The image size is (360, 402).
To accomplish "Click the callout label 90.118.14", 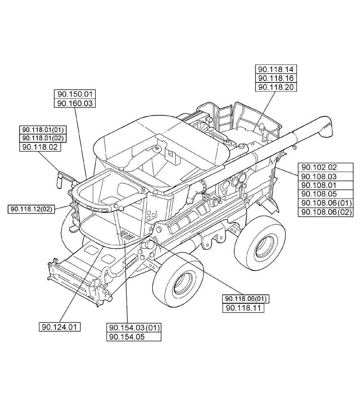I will pyautogui.click(x=275, y=69).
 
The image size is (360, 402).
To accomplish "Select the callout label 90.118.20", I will pyautogui.click(x=275, y=87).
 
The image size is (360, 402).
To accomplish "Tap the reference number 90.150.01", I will pyautogui.click(x=75, y=94).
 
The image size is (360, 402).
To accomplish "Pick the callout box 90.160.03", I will pyautogui.click(x=75, y=104).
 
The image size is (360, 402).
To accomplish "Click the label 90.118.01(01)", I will pyautogui.click(x=43, y=129).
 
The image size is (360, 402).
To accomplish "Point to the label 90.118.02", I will pyautogui.click(x=40, y=147).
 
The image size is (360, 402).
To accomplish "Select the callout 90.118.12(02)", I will pyautogui.click(x=31, y=209).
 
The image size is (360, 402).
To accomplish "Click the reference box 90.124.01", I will pyautogui.click(x=60, y=327).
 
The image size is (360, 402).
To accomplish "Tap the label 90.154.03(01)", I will pyautogui.click(x=134, y=327).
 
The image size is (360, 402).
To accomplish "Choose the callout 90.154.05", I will pyautogui.click(x=134, y=337).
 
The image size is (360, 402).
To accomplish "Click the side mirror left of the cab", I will pyautogui.click(x=60, y=179).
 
